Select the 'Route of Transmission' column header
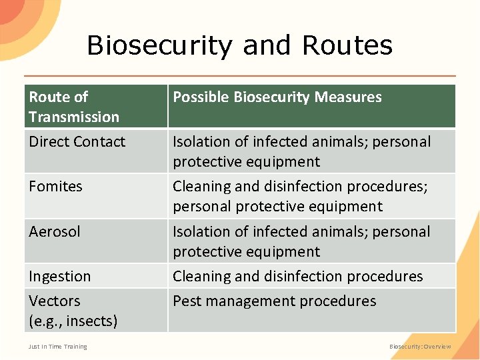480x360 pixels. [73, 107]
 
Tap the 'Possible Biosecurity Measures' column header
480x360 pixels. [277, 97]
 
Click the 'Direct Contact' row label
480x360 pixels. [77, 142]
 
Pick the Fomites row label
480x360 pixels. [55, 187]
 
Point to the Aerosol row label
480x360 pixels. [54, 232]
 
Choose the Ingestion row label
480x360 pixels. [59, 277]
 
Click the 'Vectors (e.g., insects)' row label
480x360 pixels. [73, 311]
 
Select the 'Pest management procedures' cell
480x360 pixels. [274, 301]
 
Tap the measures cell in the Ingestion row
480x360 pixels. [297, 277]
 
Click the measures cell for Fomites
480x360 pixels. [300, 197]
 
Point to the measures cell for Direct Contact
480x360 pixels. [301, 151]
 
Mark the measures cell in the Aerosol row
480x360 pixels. [301, 241]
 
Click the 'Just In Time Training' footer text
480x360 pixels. [57, 347]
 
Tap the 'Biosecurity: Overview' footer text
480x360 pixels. [420, 347]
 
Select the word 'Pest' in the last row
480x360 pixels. [187, 301]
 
